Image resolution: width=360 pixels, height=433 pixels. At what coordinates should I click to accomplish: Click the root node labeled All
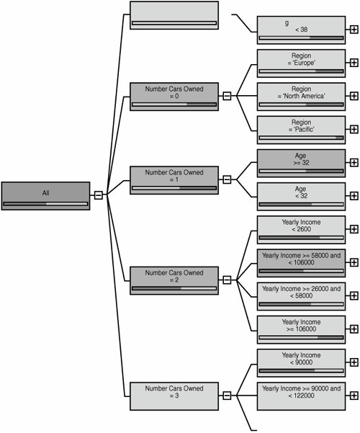[x=45, y=196]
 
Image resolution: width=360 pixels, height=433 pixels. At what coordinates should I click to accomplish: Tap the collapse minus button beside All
[x=99, y=195]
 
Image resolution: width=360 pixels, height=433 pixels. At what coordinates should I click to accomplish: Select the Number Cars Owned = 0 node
[x=174, y=97]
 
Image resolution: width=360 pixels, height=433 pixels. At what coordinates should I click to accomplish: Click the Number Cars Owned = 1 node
[x=174, y=180]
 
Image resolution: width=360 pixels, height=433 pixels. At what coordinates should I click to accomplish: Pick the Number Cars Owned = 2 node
[x=174, y=280]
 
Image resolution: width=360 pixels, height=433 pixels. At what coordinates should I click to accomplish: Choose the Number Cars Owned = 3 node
[x=174, y=396]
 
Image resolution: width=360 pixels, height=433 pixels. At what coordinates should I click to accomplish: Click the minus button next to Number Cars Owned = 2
[x=227, y=280]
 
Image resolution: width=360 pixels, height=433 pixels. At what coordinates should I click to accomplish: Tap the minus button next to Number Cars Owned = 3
[x=227, y=396]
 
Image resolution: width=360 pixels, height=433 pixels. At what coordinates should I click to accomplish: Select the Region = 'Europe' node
[x=301, y=63]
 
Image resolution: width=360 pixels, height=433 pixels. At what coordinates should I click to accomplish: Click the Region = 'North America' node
[x=301, y=97]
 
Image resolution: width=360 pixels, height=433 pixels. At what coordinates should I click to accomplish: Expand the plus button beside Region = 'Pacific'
[x=354, y=129]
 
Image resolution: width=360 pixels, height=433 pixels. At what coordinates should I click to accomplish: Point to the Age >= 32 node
[x=301, y=164]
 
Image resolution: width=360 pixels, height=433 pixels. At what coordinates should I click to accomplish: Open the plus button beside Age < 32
[x=354, y=196]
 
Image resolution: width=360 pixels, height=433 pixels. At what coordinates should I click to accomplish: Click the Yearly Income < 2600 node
[x=301, y=230]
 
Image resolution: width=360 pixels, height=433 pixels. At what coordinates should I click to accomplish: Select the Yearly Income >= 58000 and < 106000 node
[x=301, y=263]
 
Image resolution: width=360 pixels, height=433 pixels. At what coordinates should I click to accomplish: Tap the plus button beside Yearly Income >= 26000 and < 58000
[x=354, y=296]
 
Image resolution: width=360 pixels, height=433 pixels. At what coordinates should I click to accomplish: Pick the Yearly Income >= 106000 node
[x=301, y=330]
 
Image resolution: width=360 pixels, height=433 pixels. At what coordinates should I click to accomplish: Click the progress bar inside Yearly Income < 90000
[x=301, y=370]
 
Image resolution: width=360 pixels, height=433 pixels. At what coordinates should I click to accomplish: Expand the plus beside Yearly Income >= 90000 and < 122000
[x=354, y=396]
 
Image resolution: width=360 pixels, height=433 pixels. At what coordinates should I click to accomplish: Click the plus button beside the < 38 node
[x=354, y=30]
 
